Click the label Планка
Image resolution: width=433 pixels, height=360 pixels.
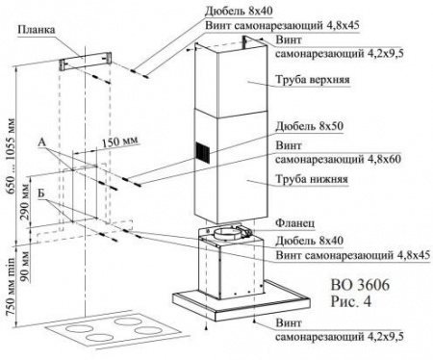36,30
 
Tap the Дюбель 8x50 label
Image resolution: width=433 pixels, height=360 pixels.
310,126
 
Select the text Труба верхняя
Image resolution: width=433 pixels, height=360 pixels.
313,79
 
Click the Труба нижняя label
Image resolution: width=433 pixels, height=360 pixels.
312,179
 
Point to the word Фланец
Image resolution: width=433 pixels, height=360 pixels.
295,223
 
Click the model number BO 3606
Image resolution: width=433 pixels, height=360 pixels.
360,285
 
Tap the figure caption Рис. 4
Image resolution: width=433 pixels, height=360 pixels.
351,301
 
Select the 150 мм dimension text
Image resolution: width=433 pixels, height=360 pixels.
120,141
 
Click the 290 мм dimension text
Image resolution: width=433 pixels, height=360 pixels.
25,199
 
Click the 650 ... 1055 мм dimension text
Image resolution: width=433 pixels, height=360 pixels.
11,156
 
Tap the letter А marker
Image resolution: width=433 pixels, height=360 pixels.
42,142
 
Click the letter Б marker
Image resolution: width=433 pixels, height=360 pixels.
41,193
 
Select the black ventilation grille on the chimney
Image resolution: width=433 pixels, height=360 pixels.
203,152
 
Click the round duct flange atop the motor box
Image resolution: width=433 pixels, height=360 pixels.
226,233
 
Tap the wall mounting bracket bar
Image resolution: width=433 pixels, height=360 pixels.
86,61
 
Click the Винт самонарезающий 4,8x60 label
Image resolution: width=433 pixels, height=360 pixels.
338,152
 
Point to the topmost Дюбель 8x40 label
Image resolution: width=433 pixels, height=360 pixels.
239,11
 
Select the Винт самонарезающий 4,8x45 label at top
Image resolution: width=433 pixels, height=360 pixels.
282,25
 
